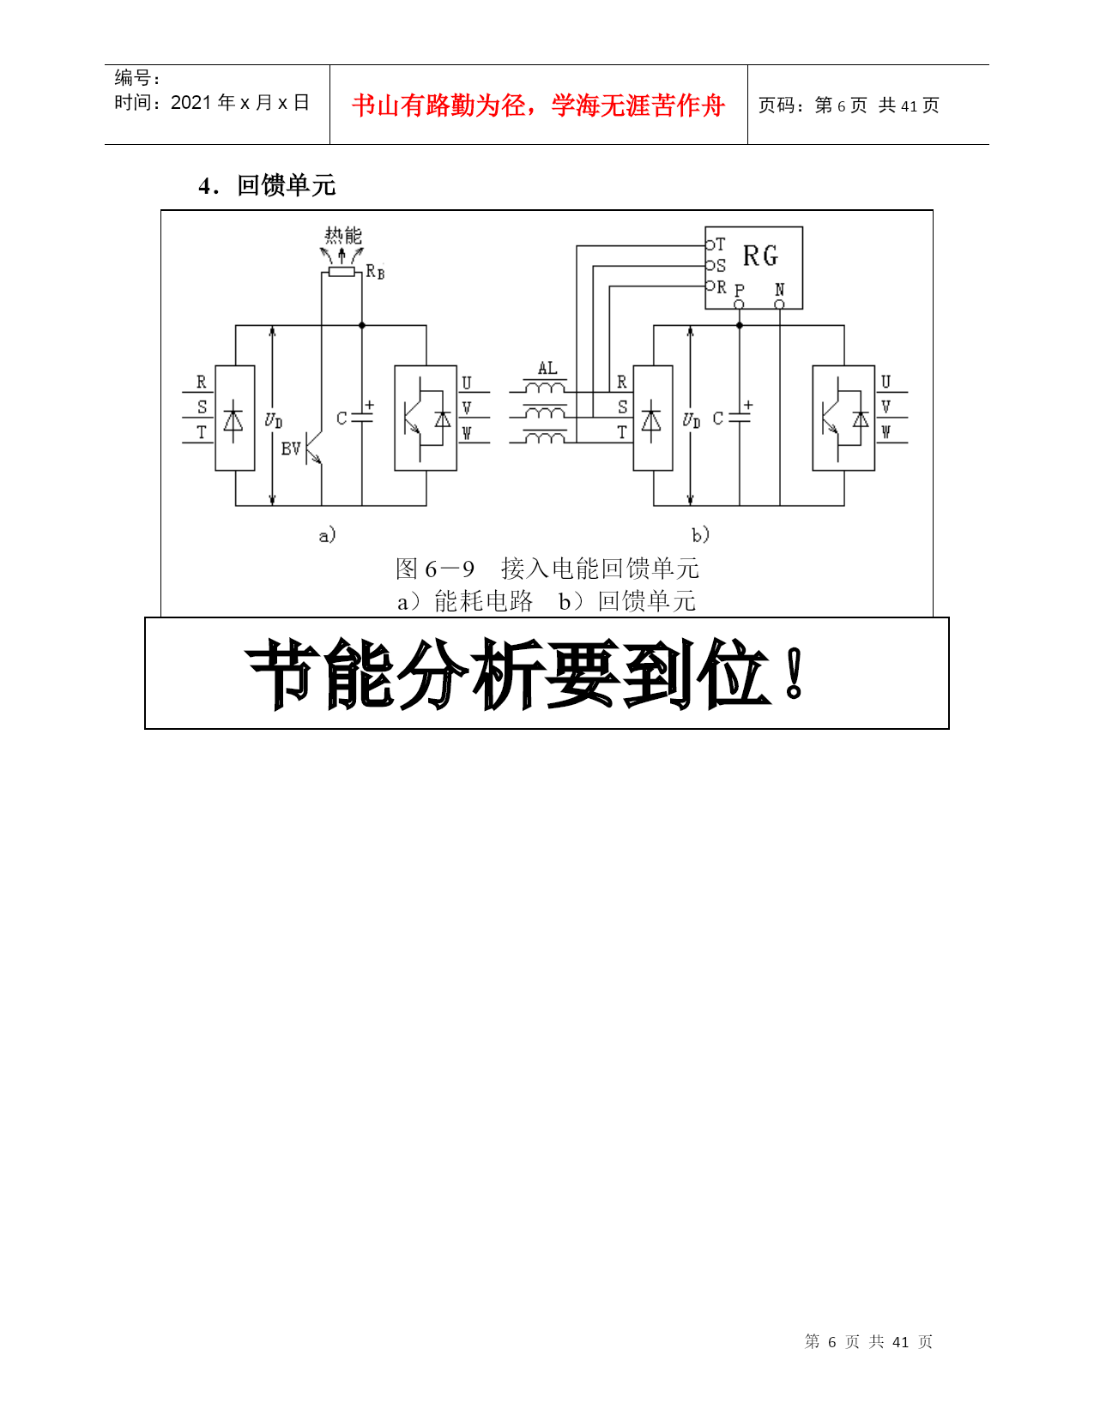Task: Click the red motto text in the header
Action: (538, 105)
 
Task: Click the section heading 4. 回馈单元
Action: (267, 185)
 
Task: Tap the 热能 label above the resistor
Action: (343, 235)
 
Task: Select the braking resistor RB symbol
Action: (341, 272)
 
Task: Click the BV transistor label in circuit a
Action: (291, 448)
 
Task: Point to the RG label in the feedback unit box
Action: (760, 256)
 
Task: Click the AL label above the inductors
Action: (547, 368)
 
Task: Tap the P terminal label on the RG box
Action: (740, 289)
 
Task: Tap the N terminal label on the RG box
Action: (780, 289)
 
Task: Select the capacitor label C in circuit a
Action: (341, 418)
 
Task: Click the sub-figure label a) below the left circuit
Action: (327, 534)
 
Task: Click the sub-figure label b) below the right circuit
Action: (700, 534)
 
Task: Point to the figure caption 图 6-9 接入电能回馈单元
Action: (547, 569)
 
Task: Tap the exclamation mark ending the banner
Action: (794, 673)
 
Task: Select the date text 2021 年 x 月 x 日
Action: (239, 102)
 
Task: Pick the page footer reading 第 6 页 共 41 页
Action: (868, 1340)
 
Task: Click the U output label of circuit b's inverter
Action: (885, 382)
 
